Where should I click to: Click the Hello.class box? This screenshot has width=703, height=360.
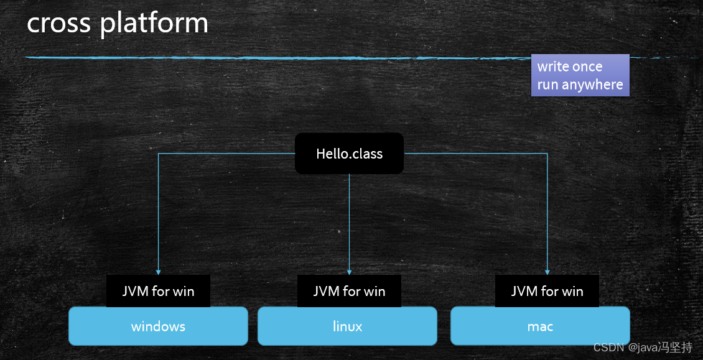(x=349, y=154)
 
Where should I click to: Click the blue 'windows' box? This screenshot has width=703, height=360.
(x=158, y=326)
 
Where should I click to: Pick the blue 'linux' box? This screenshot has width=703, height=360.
(x=347, y=326)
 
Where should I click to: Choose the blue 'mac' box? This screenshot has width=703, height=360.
(x=540, y=326)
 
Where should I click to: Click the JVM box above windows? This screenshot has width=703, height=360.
(x=158, y=291)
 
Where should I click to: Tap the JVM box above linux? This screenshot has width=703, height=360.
(x=349, y=291)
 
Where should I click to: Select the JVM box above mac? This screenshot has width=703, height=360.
(x=547, y=291)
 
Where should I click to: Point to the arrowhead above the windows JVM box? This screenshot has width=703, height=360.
(x=158, y=271)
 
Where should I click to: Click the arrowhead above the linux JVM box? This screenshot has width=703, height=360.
(x=349, y=271)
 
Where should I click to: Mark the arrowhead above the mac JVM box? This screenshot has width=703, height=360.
(x=547, y=271)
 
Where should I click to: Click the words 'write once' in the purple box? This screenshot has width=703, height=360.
(x=570, y=67)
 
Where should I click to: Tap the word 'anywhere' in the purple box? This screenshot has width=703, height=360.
(x=592, y=85)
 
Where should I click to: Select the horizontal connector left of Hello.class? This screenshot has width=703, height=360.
(x=227, y=154)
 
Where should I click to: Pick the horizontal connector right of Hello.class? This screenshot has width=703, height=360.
(x=476, y=154)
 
